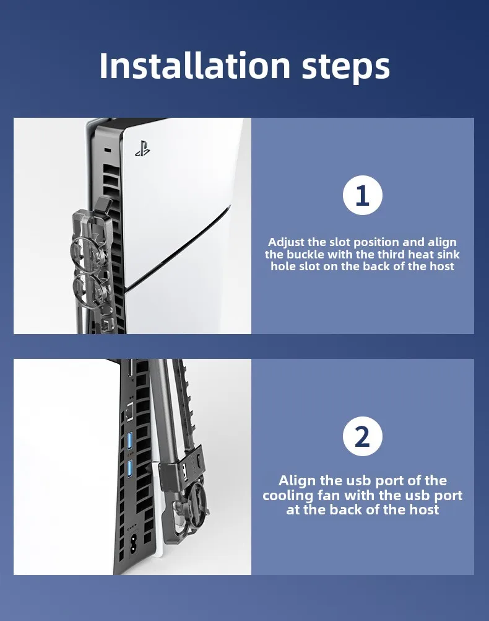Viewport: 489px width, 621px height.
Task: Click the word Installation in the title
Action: [x=195, y=65]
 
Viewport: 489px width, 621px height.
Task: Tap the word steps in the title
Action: [x=346, y=68]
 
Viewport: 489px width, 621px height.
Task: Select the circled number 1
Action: [x=362, y=195]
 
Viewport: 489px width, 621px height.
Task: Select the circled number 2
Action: [x=362, y=436]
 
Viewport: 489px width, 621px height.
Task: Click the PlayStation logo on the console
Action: [x=142, y=148]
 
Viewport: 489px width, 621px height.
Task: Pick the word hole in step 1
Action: [x=283, y=266]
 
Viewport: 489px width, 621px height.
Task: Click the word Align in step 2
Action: [x=296, y=481]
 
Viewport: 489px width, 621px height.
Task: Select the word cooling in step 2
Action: [x=288, y=496]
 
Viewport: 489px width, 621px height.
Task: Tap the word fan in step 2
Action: [x=330, y=495]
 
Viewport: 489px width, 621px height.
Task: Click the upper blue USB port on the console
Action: [x=129, y=439]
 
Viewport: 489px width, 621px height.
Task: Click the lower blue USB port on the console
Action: [x=129, y=469]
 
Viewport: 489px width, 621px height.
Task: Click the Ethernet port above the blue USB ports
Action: [x=129, y=412]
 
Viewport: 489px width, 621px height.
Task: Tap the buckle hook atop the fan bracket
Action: [x=103, y=205]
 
